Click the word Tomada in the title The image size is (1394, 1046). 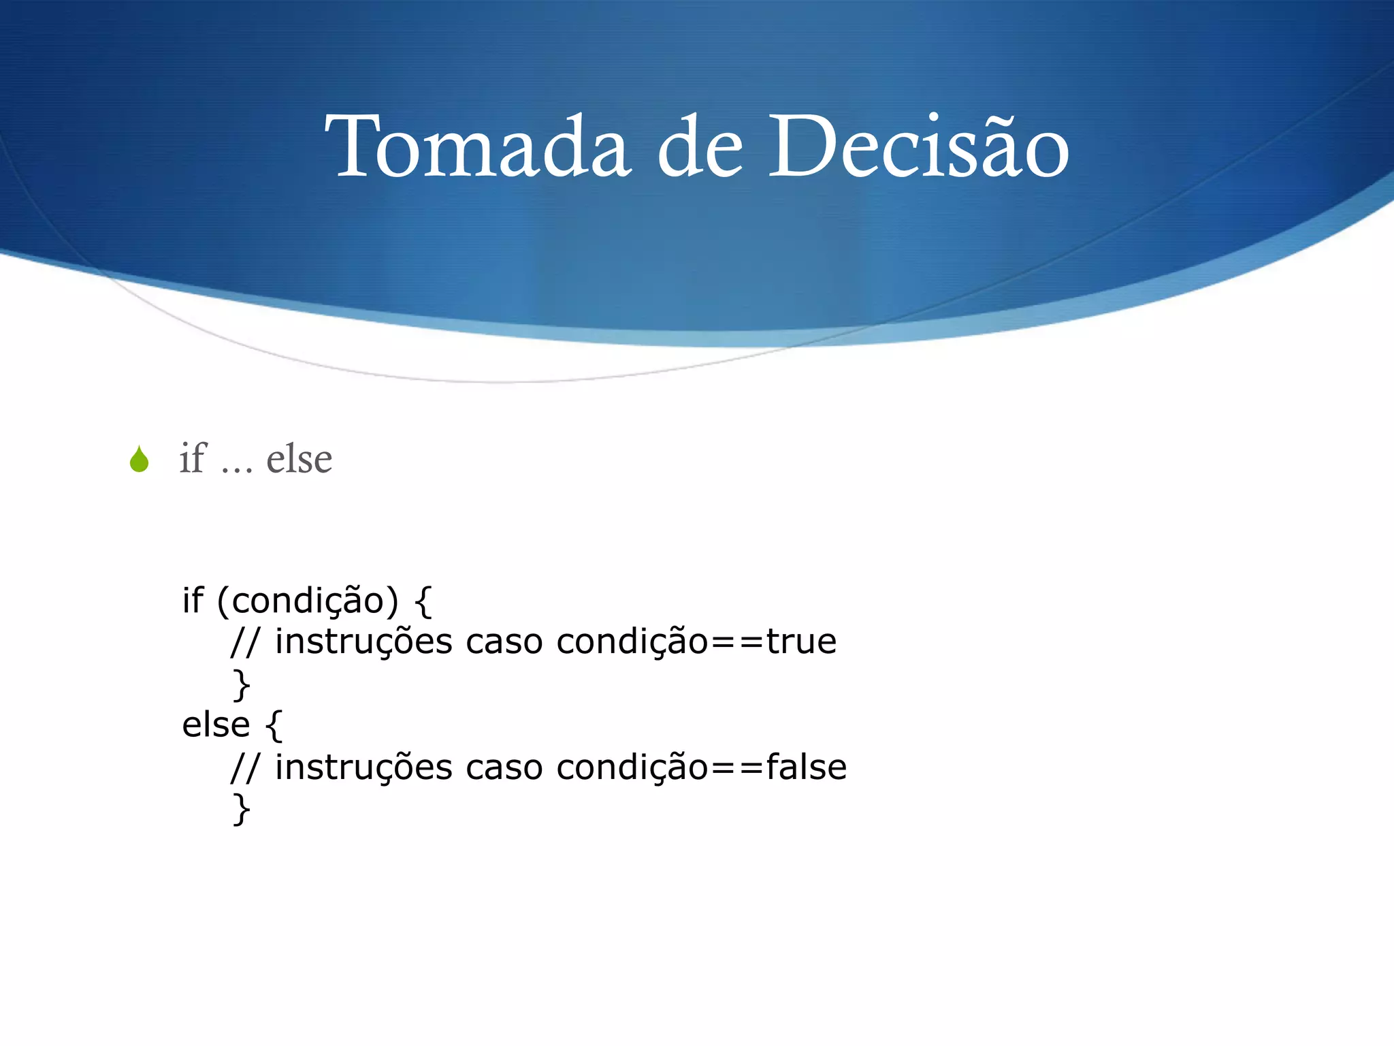click(x=476, y=147)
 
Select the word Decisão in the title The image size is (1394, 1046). click(x=918, y=147)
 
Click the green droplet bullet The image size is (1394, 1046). click(x=140, y=459)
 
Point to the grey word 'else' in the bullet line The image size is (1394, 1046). click(x=299, y=459)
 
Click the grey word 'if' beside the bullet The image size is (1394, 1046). click(x=192, y=458)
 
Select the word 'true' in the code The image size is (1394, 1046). click(x=801, y=641)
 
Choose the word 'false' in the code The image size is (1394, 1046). click(x=806, y=767)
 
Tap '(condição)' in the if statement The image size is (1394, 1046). click(x=308, y=601)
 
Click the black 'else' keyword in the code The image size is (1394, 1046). click(x=216, y=725)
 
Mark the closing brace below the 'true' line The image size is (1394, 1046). click(x=242, y=684)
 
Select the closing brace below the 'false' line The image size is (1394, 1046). click(x=242, y=810)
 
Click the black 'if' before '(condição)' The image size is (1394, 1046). click(x=192, y=601)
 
